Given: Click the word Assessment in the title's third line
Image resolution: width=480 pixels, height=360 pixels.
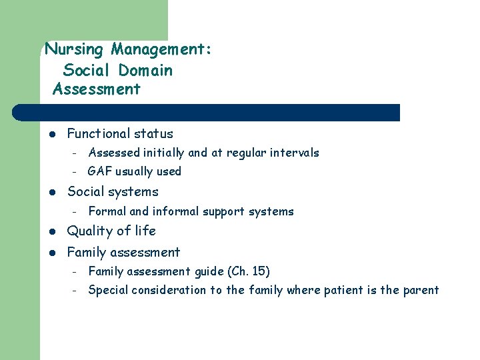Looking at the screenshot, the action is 96,89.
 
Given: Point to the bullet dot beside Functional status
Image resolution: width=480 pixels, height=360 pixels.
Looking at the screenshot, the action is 52,134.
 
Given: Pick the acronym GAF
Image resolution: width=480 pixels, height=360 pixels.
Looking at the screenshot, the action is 99,171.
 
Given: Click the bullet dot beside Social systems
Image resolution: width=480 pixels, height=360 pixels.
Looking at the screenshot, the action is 52,192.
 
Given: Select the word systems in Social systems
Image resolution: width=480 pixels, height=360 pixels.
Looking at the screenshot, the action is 137,192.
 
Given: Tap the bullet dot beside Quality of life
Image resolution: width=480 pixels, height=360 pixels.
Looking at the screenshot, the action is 52,231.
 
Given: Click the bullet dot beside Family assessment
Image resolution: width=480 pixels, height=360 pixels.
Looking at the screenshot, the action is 52,253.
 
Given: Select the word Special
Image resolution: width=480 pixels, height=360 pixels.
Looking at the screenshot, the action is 108,290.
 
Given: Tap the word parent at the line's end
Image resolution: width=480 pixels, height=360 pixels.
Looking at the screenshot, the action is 421,290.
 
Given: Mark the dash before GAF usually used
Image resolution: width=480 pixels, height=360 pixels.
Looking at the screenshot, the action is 76,172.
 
